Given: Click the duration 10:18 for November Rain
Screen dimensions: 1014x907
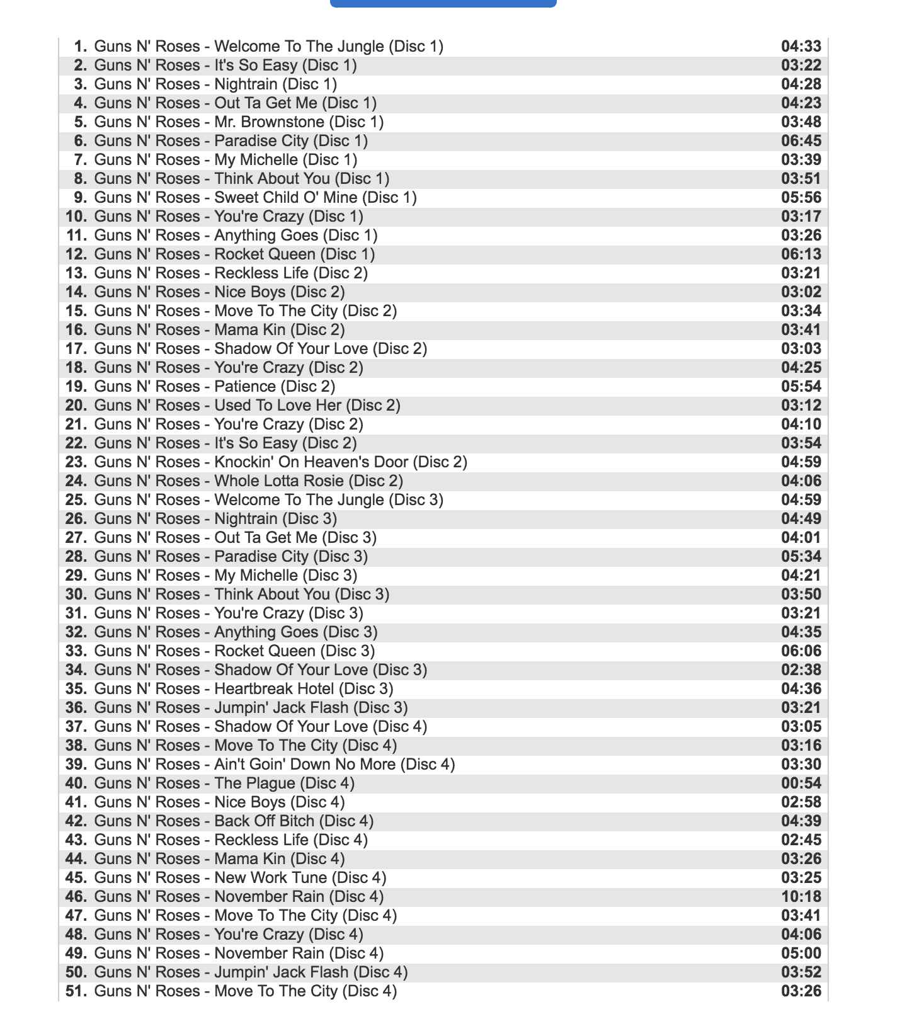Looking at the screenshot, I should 801,897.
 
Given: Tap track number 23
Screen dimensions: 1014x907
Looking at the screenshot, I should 76,462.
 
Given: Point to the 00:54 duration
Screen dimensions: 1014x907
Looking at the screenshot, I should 801,783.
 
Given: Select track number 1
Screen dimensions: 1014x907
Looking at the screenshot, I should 81,47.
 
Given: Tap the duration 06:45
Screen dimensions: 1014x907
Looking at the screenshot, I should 801,141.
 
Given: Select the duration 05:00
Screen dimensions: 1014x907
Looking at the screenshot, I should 801,954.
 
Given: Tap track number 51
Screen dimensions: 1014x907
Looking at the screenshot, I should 76,991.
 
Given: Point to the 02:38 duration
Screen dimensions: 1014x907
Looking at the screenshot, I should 801,670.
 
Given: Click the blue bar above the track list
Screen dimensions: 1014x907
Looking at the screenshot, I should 443,3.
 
